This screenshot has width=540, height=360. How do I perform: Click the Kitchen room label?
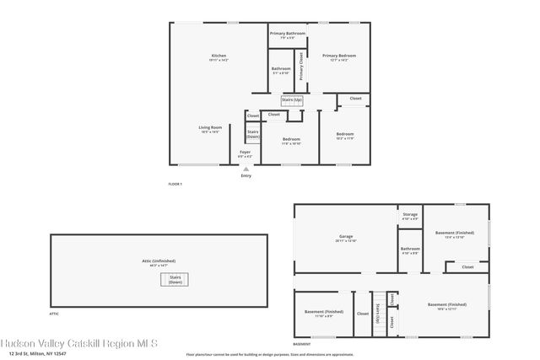click(219, 57)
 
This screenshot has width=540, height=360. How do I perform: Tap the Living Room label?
click(210, 129)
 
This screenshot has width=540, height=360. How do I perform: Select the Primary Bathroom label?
click(287, 35)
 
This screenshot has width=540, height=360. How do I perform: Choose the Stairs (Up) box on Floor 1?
click(292, 100)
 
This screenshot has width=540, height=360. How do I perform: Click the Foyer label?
click(245, 153)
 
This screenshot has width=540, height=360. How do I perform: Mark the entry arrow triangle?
click(246, 169)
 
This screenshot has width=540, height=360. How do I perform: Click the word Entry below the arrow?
click(246, 175)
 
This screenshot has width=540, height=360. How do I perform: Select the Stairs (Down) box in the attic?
click(175, 280)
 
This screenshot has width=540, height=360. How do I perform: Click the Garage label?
click(345, 239)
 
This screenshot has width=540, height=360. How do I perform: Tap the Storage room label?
click(410, 216)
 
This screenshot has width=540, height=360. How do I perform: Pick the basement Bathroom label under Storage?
click(410, 250)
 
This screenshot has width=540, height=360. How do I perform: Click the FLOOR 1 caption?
click(175, 184)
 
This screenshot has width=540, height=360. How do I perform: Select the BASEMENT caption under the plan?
click(301, 344)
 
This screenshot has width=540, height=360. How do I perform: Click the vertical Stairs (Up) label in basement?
click(378, 313)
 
